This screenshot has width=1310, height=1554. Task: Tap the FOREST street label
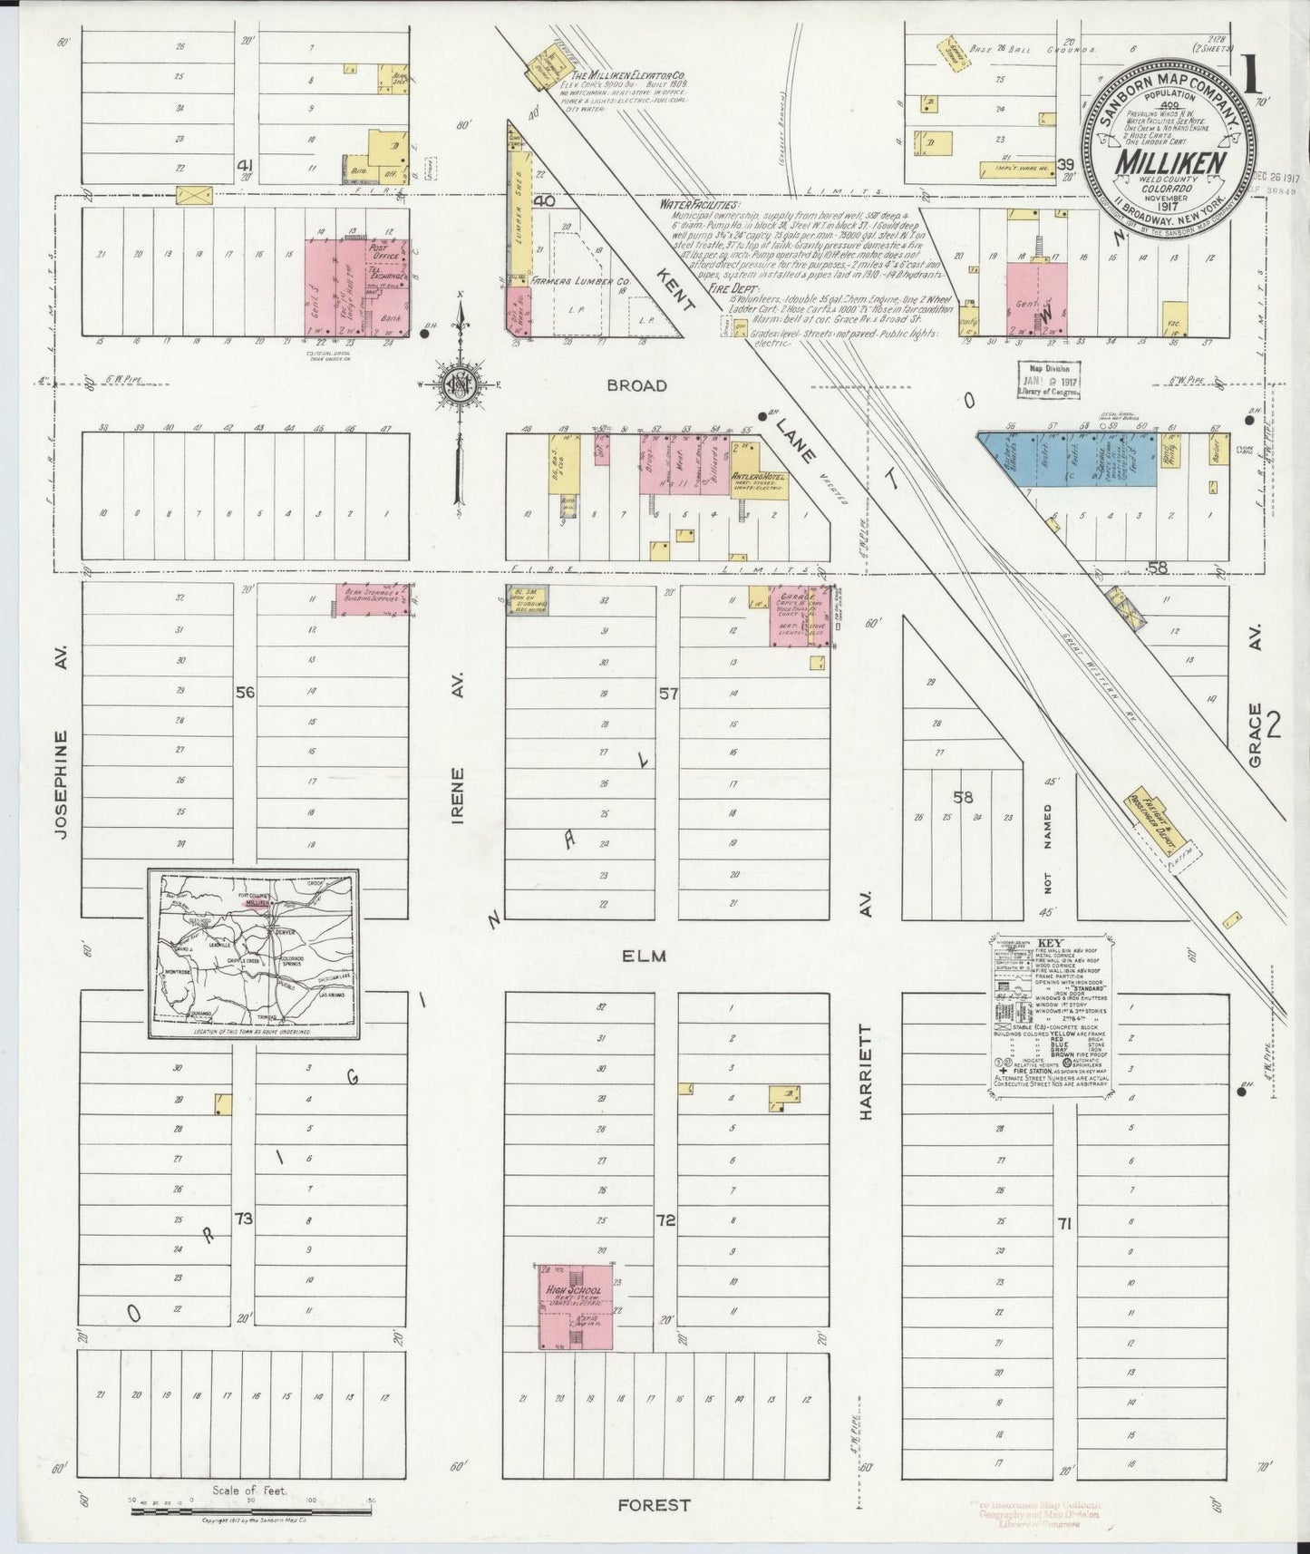click(654, 1505)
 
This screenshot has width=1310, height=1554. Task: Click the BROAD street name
click(636, 385)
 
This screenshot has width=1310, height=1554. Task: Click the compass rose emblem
click(461, 384)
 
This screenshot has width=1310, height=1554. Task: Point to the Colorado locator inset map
click(255, 954)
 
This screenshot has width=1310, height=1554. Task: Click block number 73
click(243, 1219)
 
